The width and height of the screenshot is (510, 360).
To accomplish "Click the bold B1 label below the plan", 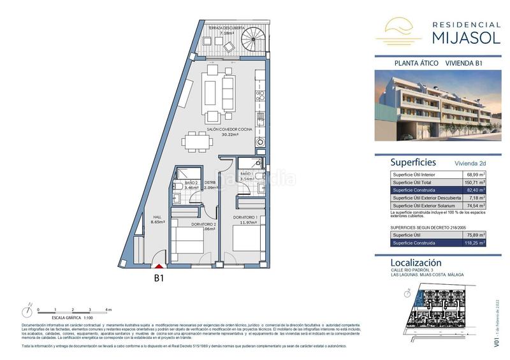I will click(x=160, y=278).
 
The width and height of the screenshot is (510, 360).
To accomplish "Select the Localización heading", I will click(x=416, y=263).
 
